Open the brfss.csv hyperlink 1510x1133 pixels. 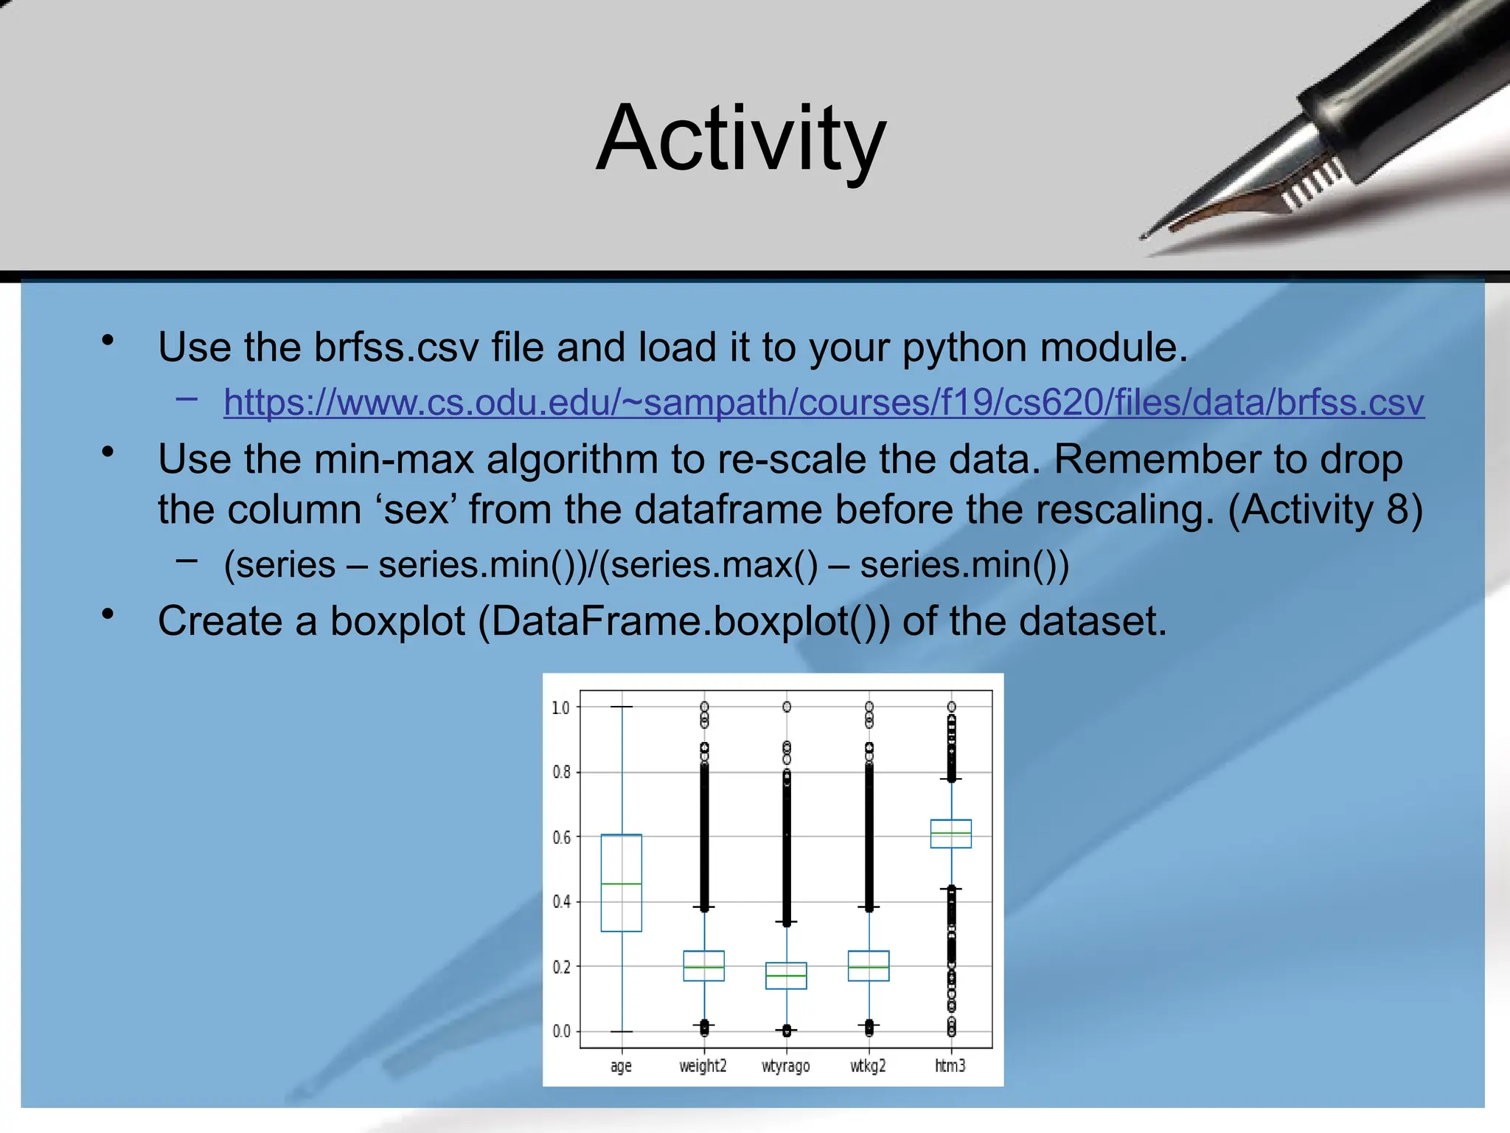tap(824, 403)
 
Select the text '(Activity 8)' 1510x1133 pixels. tap(1325, 510)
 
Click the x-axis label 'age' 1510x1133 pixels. tap(621, 1066)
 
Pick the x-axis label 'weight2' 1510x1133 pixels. tap(703, 1066)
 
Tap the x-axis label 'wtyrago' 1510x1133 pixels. tap(785, 1066)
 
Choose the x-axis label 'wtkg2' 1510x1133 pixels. tap(868, 1066)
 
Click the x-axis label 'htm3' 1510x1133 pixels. tap(950, 1066)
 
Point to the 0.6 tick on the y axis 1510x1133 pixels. tap(561, 837)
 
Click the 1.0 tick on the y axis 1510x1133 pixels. tap(561, 707)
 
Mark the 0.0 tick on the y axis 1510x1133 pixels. tap(561, 1031)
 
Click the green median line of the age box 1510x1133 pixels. tap(621, 884)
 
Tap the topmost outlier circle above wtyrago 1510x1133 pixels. tap(787, 707)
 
